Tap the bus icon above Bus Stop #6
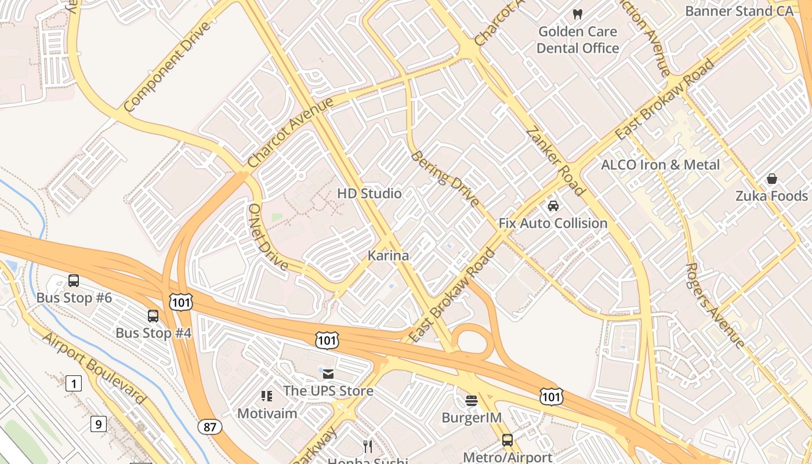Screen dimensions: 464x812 click(x=74, y=281)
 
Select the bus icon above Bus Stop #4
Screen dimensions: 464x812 click(x=153, y=316)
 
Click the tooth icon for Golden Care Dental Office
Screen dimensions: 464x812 click(x=577, y=14)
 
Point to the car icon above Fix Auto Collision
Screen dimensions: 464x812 click(x=553, y=206)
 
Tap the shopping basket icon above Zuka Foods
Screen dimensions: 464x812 click(x=771, y=179)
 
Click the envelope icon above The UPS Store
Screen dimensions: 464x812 click(x=328, y=374)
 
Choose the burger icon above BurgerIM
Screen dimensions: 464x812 click(x=472, y=400)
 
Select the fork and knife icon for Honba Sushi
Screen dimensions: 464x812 click(x=367, y=446)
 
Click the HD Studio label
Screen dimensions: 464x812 click(x=369, y=193)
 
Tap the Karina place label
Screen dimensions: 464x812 click(x=388, y=255)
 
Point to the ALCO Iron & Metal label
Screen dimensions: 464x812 click(x=660, y=165)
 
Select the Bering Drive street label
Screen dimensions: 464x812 click(x=445, y=179)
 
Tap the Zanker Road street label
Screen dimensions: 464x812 click(x=556, y=161)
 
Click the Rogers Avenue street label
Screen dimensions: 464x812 click(x=715, y=306)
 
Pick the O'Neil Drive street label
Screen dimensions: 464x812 click(x=267, y=237)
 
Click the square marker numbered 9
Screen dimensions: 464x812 click(x=98, y=425)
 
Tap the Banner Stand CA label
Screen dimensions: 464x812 click(x=739, y=11)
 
